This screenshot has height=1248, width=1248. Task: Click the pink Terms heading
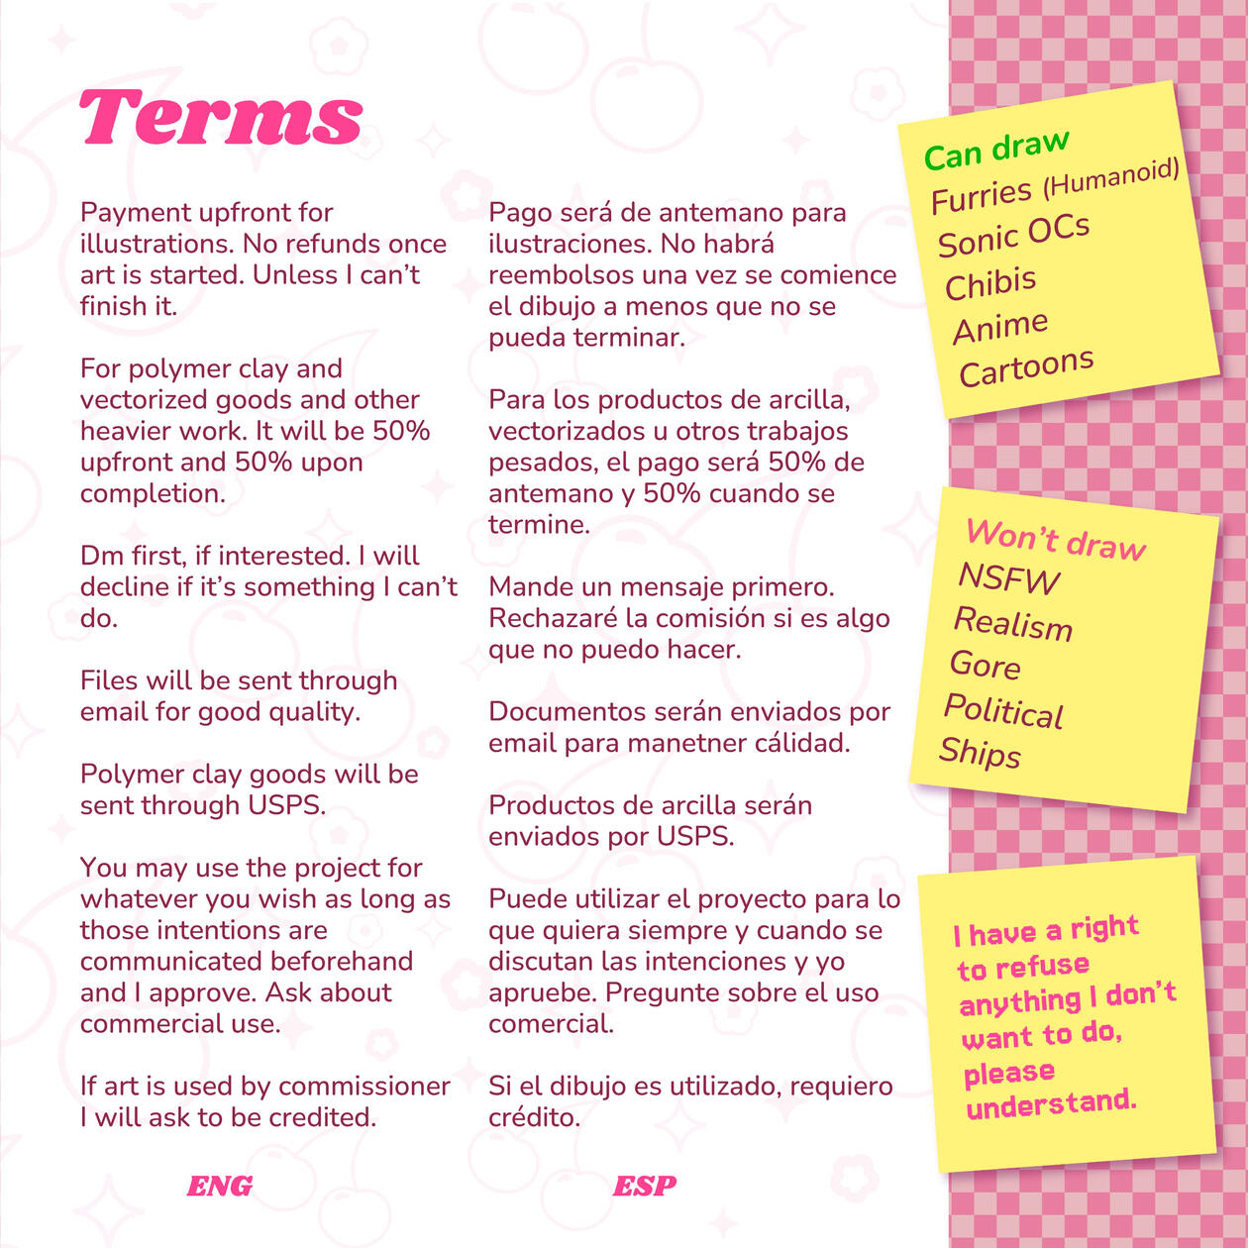click(221, 117)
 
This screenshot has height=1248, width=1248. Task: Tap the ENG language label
click(219, 1186)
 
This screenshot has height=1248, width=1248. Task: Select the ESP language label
click(645, 1186)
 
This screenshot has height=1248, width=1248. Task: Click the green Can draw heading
click(995, 150)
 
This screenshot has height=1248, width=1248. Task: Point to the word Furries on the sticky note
click(982, 195)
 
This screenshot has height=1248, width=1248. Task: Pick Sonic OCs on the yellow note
click(1013, 236)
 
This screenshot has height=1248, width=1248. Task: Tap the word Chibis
click(990, 284)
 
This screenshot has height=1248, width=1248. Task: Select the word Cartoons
click(1026, 368)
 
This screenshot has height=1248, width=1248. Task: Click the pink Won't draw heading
click(1056, 540)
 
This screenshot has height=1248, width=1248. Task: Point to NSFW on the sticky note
click(1008, 578)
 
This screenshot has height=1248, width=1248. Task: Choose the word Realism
click(1012, 623)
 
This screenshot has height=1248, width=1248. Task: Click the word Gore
click(985, 665)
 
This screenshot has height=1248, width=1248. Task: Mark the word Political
click(1003, 711)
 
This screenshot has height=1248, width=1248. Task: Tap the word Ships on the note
click(980, 753)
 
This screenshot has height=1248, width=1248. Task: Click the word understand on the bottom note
click(1051, 1103)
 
